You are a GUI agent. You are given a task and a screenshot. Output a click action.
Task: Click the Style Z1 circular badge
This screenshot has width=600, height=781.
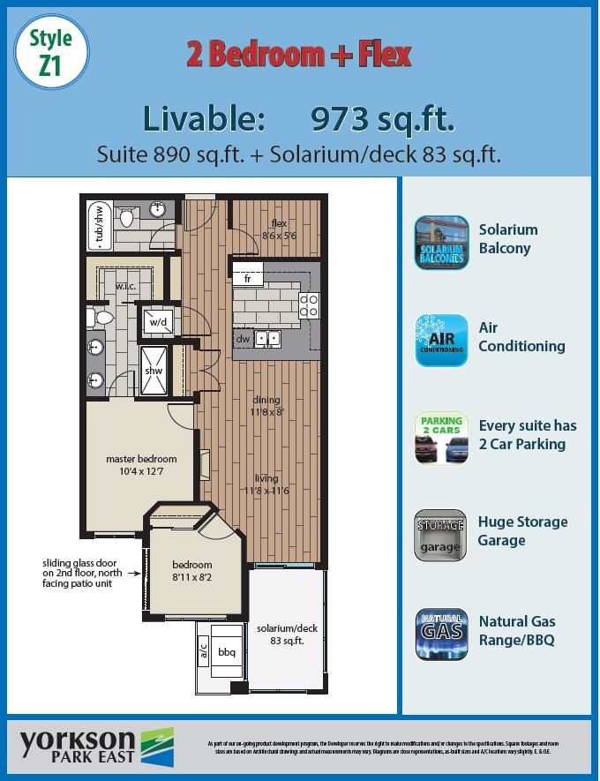(52, 52)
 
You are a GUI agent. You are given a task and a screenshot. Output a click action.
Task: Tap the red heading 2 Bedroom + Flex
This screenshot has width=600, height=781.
(299, 55)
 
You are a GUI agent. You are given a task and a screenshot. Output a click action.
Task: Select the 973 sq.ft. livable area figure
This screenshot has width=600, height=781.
(383, 118)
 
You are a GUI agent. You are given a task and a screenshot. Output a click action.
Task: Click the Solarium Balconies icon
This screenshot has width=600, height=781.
(441, 242)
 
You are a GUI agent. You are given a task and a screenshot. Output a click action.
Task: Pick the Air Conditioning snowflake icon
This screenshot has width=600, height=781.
(441, 340)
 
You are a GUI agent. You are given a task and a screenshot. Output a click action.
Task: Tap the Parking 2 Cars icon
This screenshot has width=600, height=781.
(441, 438)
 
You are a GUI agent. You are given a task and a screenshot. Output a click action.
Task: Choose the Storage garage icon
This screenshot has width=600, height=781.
(440, 535)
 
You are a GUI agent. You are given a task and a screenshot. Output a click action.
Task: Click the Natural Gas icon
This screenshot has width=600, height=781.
(442, 633)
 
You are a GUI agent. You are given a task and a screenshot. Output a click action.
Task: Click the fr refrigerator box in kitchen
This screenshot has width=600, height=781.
(249, 279)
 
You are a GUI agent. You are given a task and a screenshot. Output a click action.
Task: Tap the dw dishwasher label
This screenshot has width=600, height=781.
(243, 338)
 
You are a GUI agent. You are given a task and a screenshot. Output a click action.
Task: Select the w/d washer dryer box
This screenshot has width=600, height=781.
(158, 323)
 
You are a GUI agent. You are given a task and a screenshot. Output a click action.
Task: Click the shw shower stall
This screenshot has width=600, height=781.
(154, 371)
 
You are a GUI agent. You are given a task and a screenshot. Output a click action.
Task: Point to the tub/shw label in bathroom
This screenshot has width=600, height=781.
(99, 229)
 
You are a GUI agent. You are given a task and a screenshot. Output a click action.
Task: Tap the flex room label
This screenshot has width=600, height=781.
(280, 229)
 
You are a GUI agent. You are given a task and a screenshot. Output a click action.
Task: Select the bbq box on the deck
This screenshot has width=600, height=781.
(227, 652)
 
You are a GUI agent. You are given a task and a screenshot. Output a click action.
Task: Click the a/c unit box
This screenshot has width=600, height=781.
(202, 651)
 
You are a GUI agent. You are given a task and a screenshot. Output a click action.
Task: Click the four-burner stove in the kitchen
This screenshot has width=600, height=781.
(310, 305)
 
